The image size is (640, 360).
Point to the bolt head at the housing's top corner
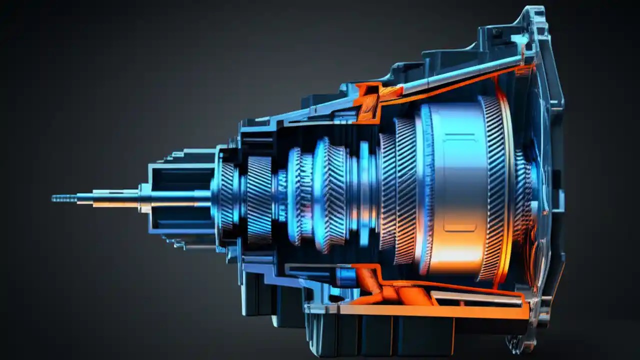click(496, 31)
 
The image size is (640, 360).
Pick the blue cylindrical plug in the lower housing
click(345, 276)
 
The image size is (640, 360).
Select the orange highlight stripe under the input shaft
click(115, 204)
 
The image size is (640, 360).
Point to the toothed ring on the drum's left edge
click(425, 190)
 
